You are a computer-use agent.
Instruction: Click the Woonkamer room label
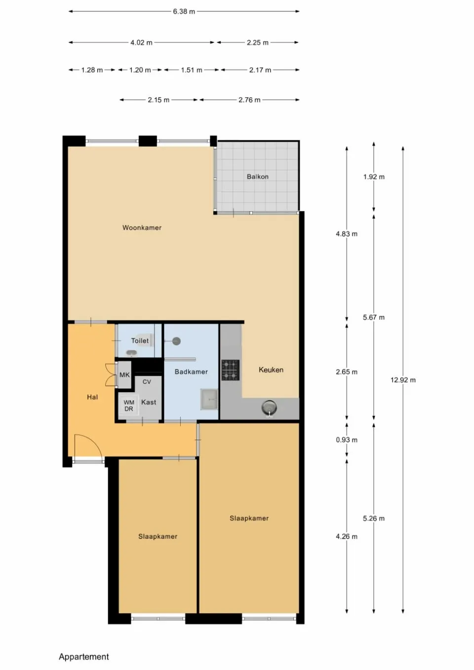[142, 227]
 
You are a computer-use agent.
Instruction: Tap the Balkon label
[257, 177]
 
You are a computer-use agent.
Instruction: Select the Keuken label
[271, 370]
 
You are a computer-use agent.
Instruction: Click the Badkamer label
[191, 372]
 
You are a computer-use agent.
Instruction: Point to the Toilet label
[140, 340]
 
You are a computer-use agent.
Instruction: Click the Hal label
[92, 397]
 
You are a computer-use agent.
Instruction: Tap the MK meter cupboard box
[124, 375]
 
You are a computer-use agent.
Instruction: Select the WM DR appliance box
[128, 406]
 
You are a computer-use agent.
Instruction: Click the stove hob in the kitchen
[230, 370]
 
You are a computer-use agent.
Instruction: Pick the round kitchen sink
[269, 408]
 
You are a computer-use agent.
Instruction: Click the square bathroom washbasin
[209, 399]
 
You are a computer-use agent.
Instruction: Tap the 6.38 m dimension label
[184, 11]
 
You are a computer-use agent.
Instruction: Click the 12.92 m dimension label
[403, 380]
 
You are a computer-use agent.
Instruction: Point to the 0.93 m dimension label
[347, 440]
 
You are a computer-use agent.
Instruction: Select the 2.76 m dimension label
[249, 100]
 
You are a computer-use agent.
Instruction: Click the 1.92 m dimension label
[374, 177]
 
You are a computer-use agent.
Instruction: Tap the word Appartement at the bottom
[84, 657]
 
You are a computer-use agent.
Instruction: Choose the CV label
[147, 382]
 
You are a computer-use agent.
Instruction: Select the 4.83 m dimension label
[347, 234]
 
